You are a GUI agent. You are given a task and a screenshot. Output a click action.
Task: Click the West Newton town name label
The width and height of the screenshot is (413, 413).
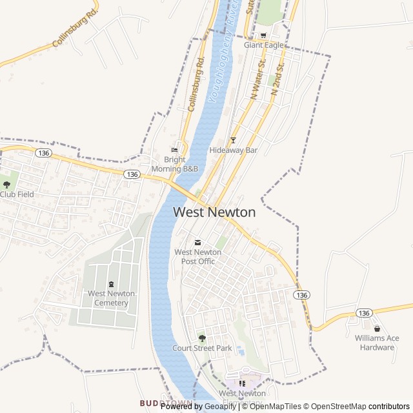214,212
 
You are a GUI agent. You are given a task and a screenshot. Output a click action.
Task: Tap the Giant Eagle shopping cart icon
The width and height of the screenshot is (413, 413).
263,35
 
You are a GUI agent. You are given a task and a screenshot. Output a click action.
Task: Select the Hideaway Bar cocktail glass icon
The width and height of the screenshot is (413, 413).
234,140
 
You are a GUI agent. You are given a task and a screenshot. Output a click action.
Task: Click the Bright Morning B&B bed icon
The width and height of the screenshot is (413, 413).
174,150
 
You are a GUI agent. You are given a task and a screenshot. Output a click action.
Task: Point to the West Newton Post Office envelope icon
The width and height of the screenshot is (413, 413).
197,242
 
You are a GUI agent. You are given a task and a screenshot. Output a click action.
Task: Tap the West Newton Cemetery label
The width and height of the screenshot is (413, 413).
112,298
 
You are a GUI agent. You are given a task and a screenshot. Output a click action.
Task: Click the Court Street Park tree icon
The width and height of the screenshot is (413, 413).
202,337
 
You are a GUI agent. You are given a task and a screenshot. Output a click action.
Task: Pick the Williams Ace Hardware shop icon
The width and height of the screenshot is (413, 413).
377,328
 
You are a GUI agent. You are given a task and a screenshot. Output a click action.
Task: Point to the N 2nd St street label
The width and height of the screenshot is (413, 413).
277,79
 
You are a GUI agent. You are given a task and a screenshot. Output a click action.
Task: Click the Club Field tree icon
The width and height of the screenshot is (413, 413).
6,185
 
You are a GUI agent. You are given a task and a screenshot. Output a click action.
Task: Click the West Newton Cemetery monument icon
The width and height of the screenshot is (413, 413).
111,284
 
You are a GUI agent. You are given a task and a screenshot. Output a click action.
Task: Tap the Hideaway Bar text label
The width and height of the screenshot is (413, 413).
234,150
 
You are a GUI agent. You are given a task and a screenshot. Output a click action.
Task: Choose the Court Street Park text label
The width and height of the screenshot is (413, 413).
202,348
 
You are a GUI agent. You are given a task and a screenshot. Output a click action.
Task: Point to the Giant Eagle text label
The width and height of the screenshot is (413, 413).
263,46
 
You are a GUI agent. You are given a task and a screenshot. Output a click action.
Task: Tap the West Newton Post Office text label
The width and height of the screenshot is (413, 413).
198,257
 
